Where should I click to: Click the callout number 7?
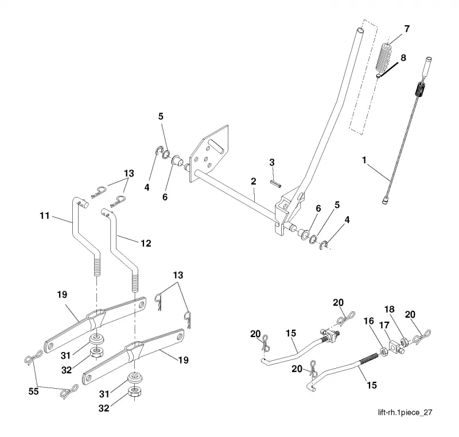pos(407,29)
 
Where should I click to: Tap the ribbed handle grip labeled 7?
pos(384,57)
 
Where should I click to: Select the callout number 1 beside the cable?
pos(364,160)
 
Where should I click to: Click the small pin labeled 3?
pos(275,184)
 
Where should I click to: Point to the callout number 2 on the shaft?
pos(254,181)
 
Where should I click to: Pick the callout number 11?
pos(45,216)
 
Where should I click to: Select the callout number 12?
pos(146,243)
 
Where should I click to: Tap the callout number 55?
pos(33,391)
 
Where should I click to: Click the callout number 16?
pos(369,321)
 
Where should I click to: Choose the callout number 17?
pos(384,325)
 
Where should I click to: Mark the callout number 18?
pos(390,310)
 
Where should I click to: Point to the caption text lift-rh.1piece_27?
pos(405,412)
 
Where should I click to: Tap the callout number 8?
pos(403,57)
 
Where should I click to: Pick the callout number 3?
pos(272,163)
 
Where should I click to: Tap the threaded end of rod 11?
pos(96,266)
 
